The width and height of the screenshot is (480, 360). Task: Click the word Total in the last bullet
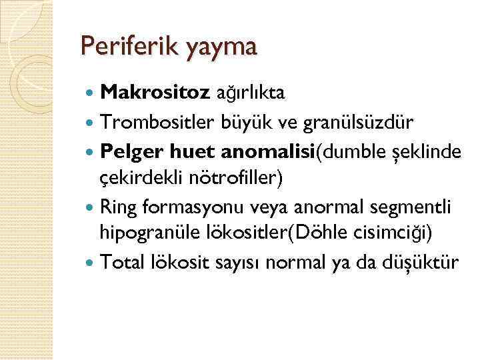pyautogui.click(x=120, y=262)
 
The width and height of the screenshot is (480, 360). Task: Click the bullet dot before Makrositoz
pyautogui.click(x=91, y=95)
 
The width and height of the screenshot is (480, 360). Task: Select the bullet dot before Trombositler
pyautogui.click(x=91, y=123)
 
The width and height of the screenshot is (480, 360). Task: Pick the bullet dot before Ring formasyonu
pyautogui.click(x=91, y=207)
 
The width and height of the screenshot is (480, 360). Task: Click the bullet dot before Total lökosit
pyautogui.click(x=91, y=263)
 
